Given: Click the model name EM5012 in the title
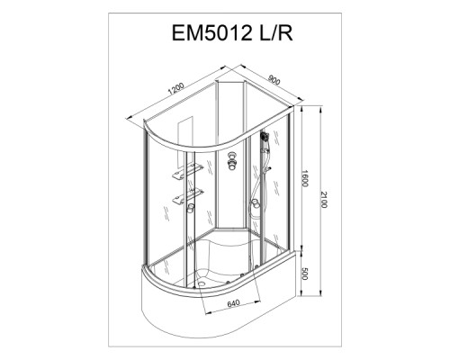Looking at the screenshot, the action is tap(211, 32).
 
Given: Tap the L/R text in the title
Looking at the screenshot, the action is tap(275, 32).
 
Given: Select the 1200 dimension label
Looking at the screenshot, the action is tap(175, 88).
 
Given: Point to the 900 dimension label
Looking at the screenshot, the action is tap(274, 80).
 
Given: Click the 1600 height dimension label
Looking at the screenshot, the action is tap(304, 178).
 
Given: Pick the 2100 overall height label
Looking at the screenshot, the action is tap(324, 199).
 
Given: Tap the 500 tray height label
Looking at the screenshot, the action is tap(304, 274).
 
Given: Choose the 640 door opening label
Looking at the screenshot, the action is tap(233, 303).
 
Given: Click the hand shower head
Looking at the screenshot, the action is tap(264, 137).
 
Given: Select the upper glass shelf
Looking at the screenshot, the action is tap(187, 172).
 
